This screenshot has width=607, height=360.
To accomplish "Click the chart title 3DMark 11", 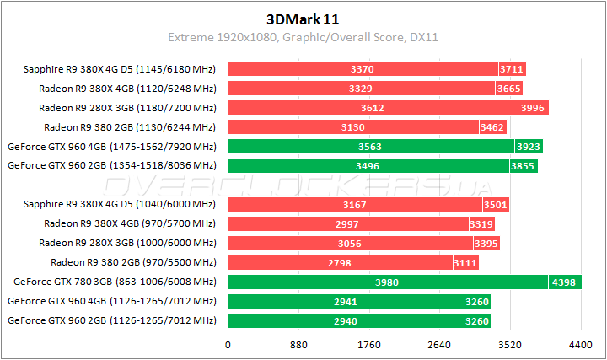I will tap(303, 19).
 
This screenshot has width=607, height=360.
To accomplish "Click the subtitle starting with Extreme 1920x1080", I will tap(303, 38).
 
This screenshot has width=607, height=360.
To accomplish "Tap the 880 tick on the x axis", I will tap(298, 345).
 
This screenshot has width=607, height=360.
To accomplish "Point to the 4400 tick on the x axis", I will tap(581, 345).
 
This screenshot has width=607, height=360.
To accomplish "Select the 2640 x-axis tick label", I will tap(439, 345).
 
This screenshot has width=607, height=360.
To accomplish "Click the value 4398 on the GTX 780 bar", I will tap(565, 282).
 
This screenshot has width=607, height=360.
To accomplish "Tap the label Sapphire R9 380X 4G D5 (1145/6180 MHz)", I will tap(116, 69).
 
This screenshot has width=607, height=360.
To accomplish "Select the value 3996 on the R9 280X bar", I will tap(533, 108).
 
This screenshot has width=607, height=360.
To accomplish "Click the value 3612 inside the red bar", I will tap(372, 108).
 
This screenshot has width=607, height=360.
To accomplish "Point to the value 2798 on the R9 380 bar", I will tap(341, 262).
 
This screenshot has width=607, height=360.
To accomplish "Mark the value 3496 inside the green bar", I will tap(368, 166).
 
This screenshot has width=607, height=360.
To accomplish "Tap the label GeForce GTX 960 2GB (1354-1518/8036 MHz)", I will tap(112, 166).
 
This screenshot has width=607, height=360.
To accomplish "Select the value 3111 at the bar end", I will tap(465, 262).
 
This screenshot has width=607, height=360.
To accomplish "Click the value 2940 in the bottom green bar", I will tap(346, 320).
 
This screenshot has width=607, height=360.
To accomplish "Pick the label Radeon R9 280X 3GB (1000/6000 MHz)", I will tap(127, 243).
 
